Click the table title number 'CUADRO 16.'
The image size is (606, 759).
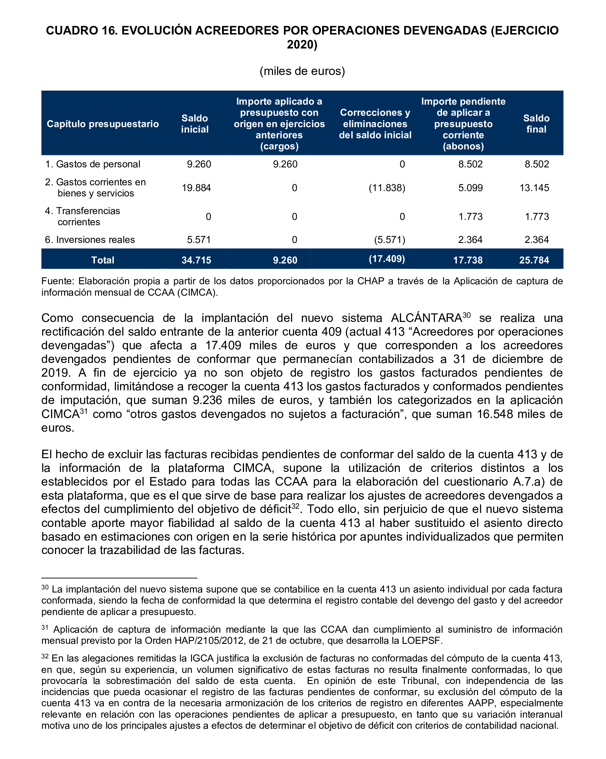[x=82, y=31]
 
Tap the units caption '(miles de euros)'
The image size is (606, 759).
[x=302, y=71]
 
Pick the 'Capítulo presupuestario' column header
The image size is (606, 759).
[x=103, y=124]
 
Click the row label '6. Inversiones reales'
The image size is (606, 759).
[x=90, y=240]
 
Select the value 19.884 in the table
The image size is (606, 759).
[x=196, y=188]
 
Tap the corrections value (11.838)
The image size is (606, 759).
[x=387, y=188]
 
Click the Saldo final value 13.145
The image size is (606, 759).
[x=534, y=188]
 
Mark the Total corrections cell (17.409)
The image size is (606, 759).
[x=387, y=259]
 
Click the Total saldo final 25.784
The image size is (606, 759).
[x=534, y=260]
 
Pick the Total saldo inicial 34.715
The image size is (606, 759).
[x=196, y=260]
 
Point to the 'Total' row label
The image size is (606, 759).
[x=103, y=260]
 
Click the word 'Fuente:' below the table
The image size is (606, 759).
[x=58, y=281]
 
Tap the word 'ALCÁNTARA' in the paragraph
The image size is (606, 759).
[x=426, y=318]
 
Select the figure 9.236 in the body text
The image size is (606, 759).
[x=207, y=400]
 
